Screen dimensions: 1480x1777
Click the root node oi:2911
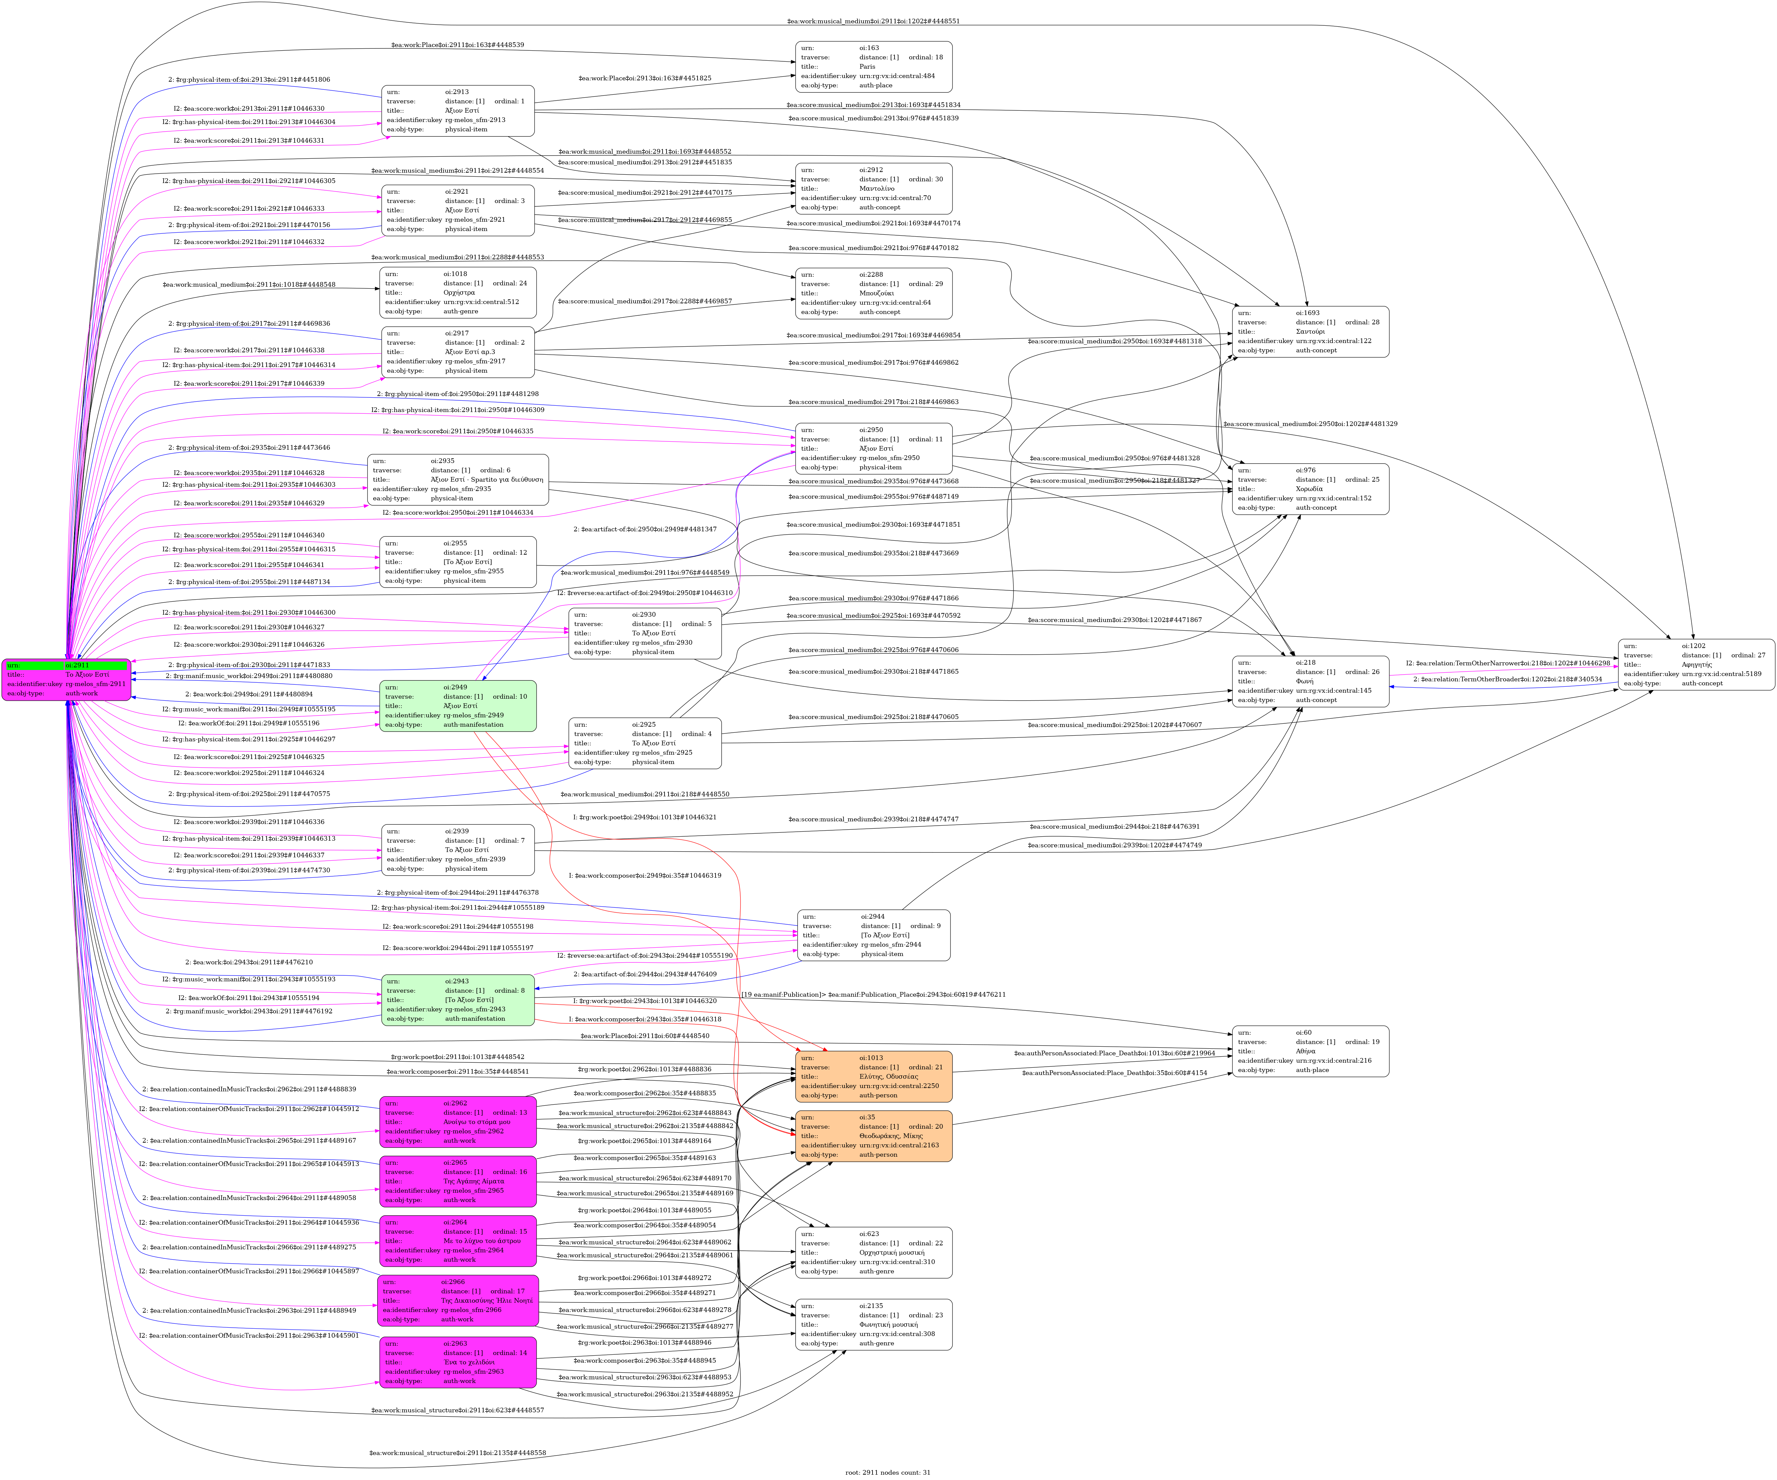tap(67, 679)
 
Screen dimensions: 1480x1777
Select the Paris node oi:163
tap(873, 67)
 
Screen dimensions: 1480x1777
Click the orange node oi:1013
tap(873, 1076)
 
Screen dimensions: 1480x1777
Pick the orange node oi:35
tap(873, 1136)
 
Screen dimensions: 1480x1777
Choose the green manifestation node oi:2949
tap(458, 706)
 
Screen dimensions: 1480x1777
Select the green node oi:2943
tap(458, 999)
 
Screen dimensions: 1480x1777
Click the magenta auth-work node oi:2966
tap(458, 1301)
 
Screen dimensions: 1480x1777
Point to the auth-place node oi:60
tap(1310, 1051)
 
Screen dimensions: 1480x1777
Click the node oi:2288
tap(873, 293)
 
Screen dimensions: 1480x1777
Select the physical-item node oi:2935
tap(458, 480)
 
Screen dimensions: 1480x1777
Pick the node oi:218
tap(1310, 681)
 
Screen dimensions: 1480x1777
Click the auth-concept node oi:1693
tap(1310, 332)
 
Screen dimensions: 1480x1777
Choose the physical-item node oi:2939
tap(458, 850)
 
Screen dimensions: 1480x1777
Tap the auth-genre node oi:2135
tap(873, 1324)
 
